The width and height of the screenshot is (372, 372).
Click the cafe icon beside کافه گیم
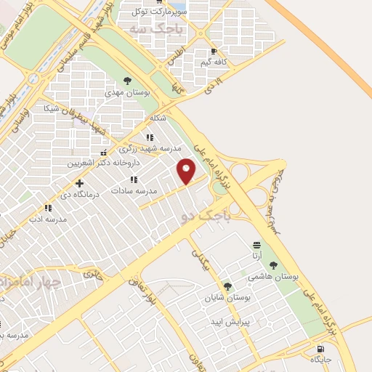pos(213,52)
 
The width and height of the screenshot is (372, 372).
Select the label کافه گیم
pos(216,62)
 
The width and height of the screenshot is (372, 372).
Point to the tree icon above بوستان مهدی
pos(128,81)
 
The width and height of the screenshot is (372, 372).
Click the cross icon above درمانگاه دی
pos(79,183)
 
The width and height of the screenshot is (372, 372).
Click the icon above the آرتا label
pos(256,245)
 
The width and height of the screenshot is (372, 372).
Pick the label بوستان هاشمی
pos(270,277)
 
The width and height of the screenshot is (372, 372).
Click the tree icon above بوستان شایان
pos(228,286)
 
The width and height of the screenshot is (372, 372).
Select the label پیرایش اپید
pos(230,321)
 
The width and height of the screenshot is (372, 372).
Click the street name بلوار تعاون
pos(139,292)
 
